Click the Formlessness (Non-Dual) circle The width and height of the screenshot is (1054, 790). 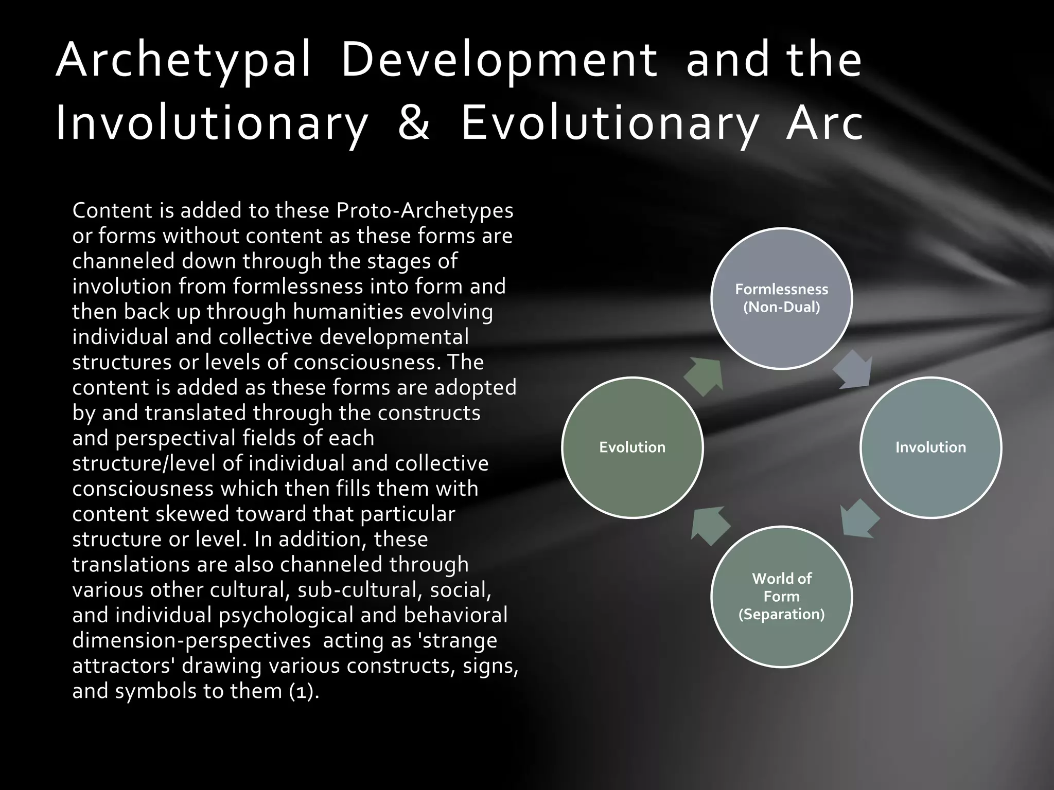click(x=781, y=298)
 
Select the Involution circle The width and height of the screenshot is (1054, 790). click(x=930, y=447)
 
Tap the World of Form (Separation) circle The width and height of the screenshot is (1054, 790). click(x=781, y=596)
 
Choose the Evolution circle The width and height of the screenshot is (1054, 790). click(x=632, y=447)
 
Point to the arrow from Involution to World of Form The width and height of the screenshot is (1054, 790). click(x=859, y=519)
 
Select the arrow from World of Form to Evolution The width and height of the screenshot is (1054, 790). click(x=710, y=525)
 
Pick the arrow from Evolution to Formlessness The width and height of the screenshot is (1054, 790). click(x=704, y=376)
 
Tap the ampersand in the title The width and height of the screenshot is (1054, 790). click(x=414, y=123)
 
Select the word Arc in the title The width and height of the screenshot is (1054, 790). click(x=824, y=123)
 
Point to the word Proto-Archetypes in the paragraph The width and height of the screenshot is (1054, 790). click(x=425, y=210)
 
